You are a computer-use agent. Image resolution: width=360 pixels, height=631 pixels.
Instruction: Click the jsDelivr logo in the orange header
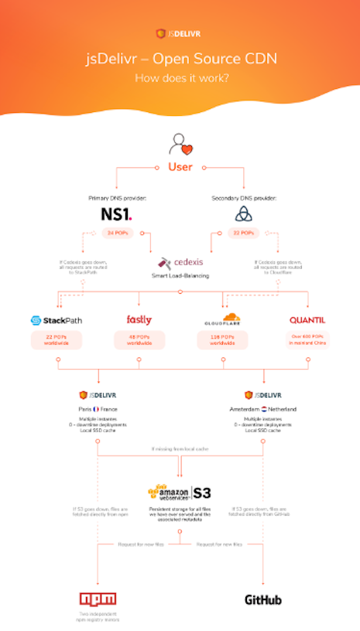[x=180, y=33]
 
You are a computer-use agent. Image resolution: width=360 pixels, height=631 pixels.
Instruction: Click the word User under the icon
[x=180, y=166]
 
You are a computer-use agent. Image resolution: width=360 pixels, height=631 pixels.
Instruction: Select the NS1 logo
[x=118, y=213]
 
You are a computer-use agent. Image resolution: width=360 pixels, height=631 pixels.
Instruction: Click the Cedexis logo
[x=180, y=263]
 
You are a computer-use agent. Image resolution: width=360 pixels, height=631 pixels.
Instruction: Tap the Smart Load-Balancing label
[x=180, y=275]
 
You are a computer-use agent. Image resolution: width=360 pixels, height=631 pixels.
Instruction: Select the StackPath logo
[x=57, y=320]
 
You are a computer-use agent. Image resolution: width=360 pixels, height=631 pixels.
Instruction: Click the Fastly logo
[x=139, y=319]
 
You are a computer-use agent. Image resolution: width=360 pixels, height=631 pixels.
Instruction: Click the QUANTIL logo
[x=306, y=320]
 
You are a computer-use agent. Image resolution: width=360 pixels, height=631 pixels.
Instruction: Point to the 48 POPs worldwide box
[x=139, y=340]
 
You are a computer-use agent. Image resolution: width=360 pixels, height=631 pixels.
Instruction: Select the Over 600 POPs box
[x=306, y=340]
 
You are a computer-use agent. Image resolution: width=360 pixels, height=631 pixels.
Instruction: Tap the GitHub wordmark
[x=263, y=599]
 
